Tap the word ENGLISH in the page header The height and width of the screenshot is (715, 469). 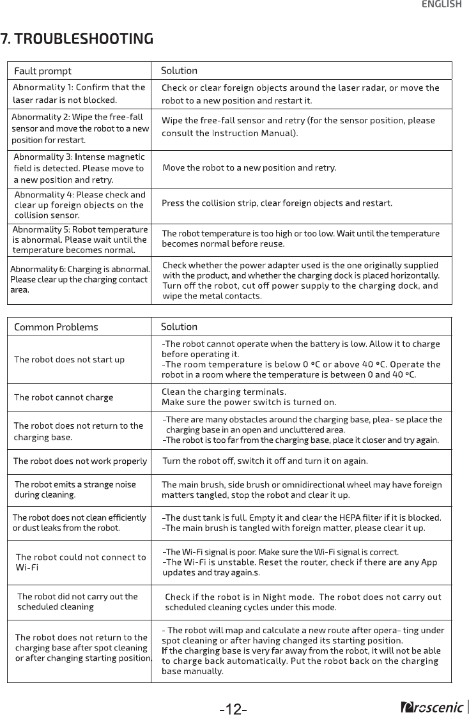point(441,4)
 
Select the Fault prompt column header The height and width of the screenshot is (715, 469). point(43,71)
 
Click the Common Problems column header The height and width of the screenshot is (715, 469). point(56,327)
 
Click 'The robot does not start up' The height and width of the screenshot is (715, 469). point(70,359)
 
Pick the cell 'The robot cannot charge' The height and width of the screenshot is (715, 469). point(64,397)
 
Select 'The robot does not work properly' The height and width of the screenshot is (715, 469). point(81,461)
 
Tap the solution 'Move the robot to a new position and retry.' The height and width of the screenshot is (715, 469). point(249,168)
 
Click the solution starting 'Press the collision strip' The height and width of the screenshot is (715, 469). point(277,203)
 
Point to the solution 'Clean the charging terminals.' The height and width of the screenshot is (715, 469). point(224,392)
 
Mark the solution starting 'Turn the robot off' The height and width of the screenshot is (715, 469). point(265,461)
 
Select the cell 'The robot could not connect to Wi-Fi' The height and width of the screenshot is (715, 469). point(81,562)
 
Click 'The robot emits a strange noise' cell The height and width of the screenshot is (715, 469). point(75,489)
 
